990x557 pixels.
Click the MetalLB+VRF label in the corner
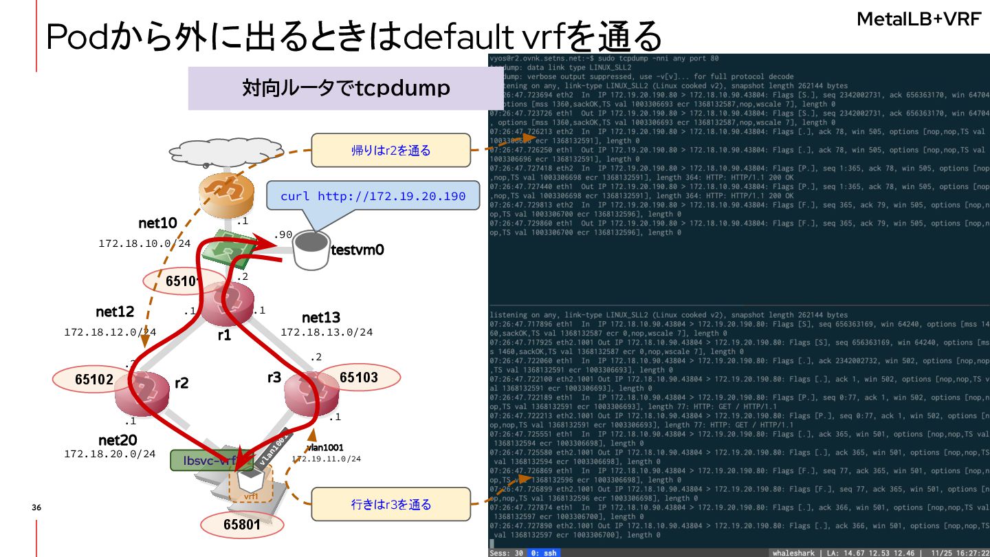coord(918,20)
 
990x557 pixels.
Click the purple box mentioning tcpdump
coord(346,88)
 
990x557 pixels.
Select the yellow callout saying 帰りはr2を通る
coord(390,150)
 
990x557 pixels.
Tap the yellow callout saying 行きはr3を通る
coord(390,504)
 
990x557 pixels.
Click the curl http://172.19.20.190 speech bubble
coord(373,197)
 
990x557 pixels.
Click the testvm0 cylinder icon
coord(311,250)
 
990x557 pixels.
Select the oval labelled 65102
coord(94,379)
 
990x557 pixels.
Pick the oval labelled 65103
coord(359,377)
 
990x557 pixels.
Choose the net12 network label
coord(115,312)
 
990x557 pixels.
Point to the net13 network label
coord(321,317)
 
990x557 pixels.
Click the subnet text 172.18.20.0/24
coord(109,454)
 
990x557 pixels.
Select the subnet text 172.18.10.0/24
coord(144,243)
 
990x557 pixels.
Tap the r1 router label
coord(224,336)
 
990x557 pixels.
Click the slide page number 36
coord(36,507)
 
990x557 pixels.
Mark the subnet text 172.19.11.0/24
coord(326,459)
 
